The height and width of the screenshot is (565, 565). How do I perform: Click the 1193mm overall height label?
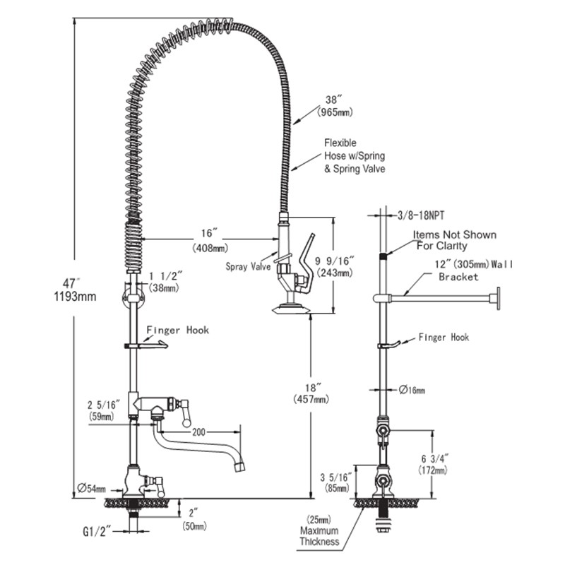pyautogui.click(x=75, y=296)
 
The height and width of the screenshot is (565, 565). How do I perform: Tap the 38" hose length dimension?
pyautogui.click(x=335, y=105)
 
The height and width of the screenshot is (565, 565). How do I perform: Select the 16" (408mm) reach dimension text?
pyautogui.click(x=210, y=240)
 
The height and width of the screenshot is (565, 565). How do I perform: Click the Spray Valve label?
pyautogui.click(x=248, y=266)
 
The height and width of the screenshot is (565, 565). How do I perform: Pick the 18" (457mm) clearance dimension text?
pyautogui.click(x=311, y=393)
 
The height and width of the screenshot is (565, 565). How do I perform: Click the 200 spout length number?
pyautogui.click(x=198, y=432)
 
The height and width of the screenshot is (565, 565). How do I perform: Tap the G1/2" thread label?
pyautogui.click(x=97, y=532)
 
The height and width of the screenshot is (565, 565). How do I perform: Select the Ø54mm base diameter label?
pyautogui.click(x=92, y=488)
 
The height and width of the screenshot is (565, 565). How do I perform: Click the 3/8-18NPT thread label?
pyautogui.click(x=421, y=215)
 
